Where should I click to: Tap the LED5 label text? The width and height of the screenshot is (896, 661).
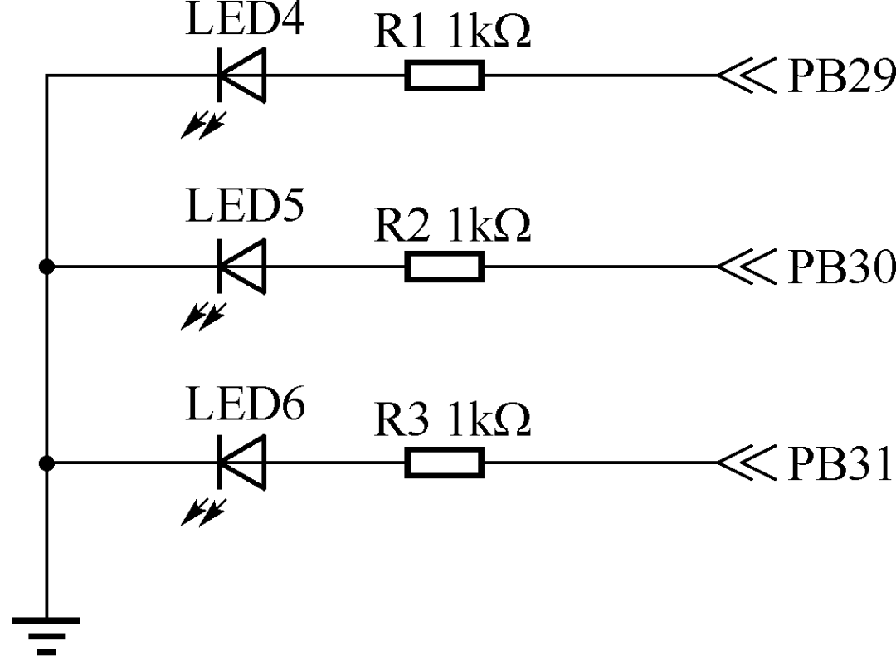244,208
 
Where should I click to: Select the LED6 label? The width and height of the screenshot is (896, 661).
244,404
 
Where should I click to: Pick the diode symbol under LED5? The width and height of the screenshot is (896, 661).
241,267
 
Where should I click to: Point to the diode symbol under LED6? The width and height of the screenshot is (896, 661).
241,463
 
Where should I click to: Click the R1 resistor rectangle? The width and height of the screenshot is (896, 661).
444,76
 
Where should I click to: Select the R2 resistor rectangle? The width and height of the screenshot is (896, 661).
444,267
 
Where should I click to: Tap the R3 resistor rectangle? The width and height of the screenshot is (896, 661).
444,463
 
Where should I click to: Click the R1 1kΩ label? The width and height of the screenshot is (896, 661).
452,32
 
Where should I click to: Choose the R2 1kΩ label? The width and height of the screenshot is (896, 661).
452,225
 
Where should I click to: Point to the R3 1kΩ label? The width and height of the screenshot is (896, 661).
452,421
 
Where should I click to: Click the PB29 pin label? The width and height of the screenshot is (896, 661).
840,76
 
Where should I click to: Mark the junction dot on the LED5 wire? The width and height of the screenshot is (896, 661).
46,267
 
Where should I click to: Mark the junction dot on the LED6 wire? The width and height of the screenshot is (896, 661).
46,463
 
